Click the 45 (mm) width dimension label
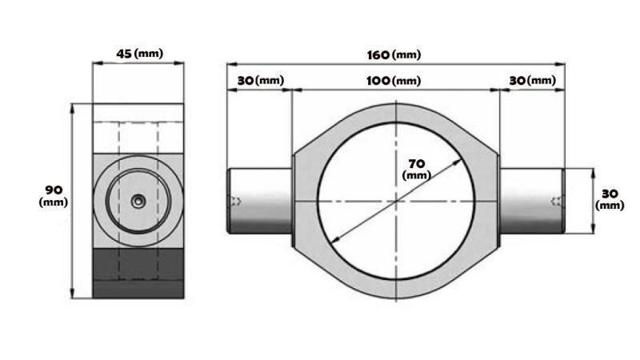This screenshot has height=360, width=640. point(138,54)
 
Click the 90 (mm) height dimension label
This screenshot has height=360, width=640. point(54,195)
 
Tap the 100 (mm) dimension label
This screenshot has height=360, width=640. point(394,81)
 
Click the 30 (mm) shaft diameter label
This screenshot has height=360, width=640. point(610,199)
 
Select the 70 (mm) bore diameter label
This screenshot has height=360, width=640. point(415,168)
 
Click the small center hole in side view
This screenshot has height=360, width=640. point(138,202)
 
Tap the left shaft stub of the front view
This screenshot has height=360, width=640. point(260,201)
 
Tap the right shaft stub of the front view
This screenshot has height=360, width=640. point(532,201)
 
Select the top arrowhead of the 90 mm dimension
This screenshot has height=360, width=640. point(73,106)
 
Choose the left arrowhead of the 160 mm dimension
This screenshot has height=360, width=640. point(230,64)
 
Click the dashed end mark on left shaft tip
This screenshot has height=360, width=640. point(235,201)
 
